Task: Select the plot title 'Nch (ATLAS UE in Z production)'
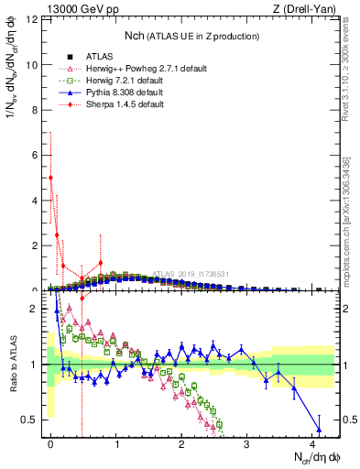[x=192, y=36]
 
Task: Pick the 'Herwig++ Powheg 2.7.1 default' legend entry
[x=137, y=69]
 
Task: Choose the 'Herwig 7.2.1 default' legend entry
[x=126, y=81]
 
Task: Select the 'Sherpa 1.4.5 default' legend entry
[x=125, y=104]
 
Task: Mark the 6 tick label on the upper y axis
[x=35, y=155]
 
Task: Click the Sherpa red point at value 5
[x=50, y=178]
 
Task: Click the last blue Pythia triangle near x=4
[x=319, y=429]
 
